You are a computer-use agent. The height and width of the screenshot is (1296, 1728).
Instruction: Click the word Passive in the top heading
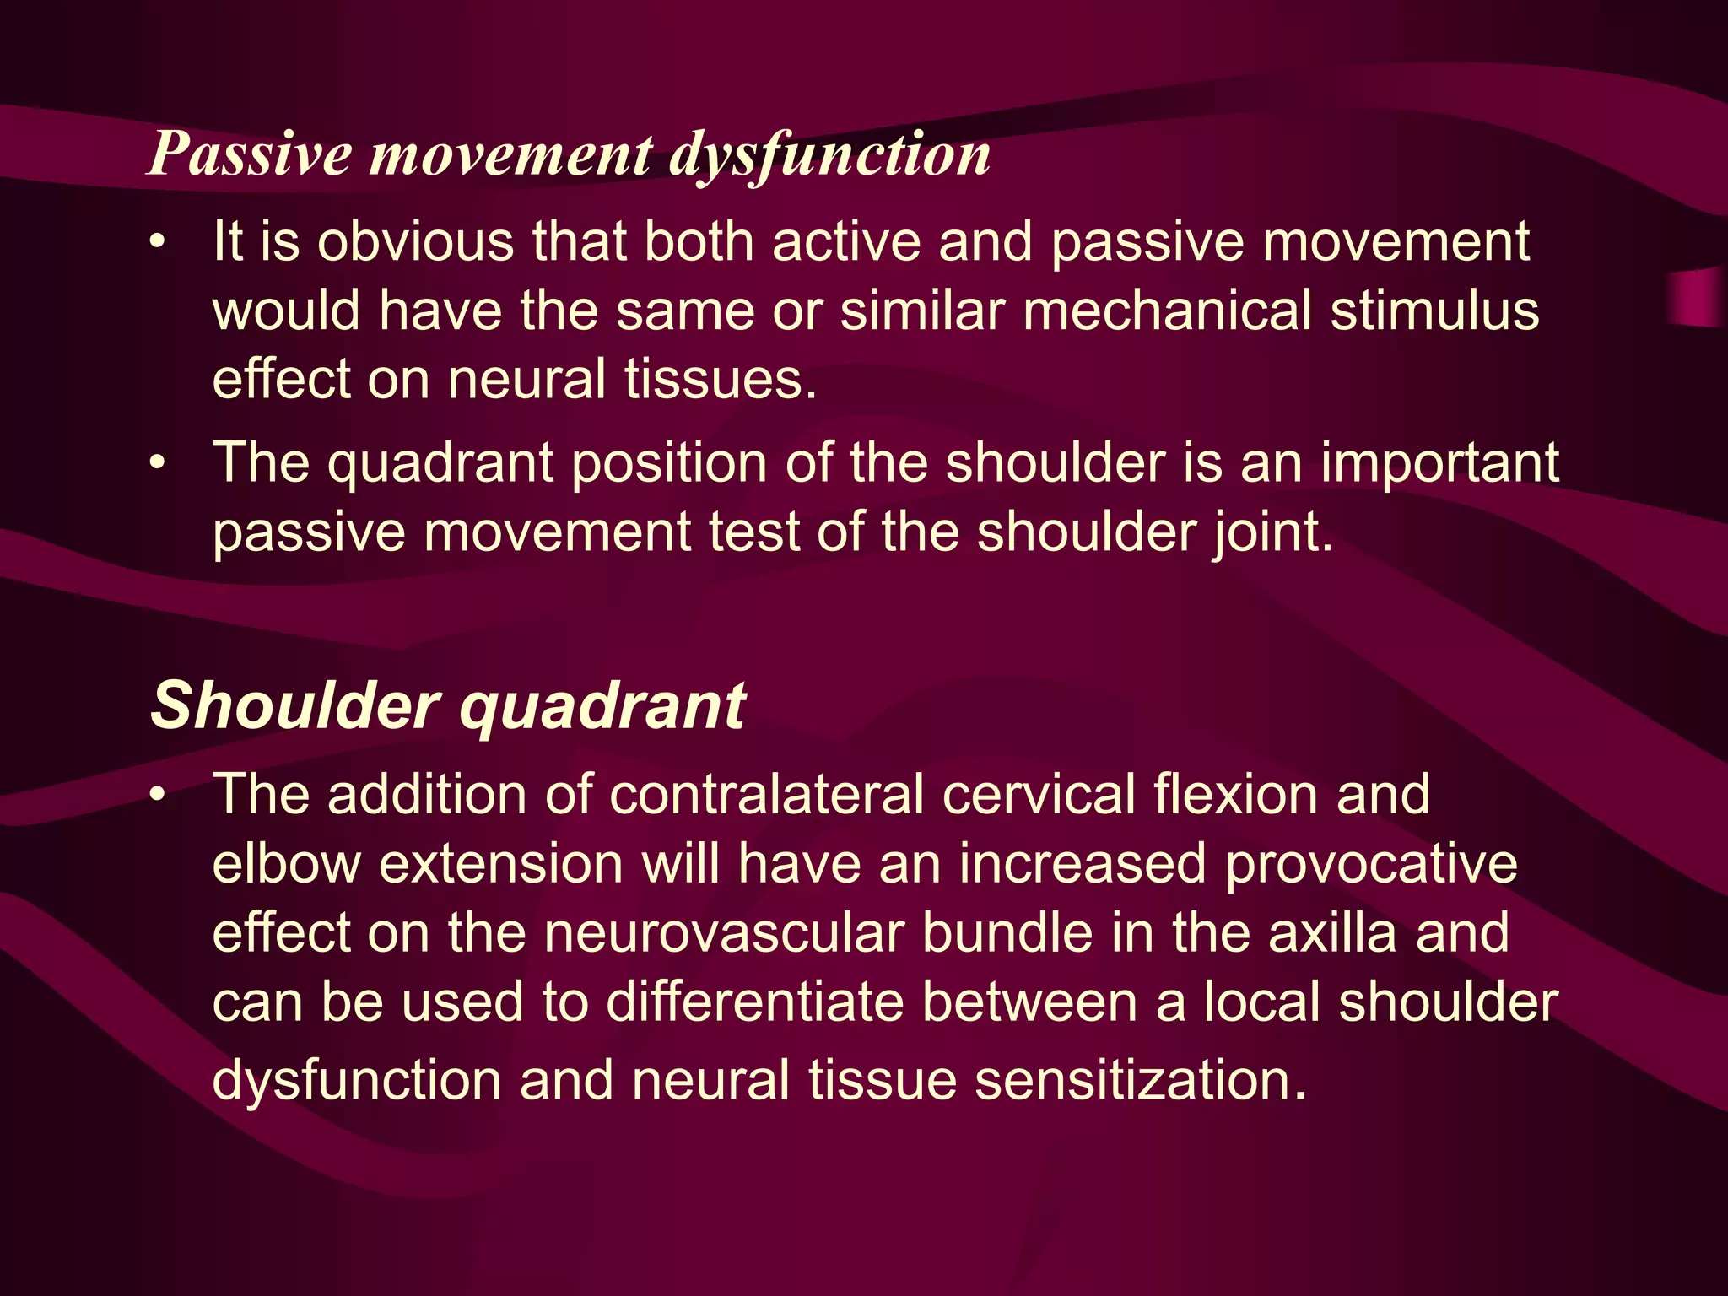(x=250, y=154)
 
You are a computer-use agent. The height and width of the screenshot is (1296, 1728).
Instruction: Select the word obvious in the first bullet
(x=415, y=241)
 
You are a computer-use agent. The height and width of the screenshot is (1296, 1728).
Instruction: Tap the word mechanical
(x=1167, y=310)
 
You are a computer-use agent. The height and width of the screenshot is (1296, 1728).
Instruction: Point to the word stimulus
(x=1434, y=310)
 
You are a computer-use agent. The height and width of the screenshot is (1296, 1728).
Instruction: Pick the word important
(x=1439, y=463)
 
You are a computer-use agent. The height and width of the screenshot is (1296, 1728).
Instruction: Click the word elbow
(x=286, y=864)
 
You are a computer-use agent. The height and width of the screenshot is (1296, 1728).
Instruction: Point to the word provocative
(x=1371, y=864)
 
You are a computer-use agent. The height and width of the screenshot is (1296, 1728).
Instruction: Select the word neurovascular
(x=724, y=933)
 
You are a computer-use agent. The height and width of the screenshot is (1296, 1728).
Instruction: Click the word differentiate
(x=754, y=1002)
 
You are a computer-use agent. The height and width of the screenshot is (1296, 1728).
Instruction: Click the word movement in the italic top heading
(x=510, y=154)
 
